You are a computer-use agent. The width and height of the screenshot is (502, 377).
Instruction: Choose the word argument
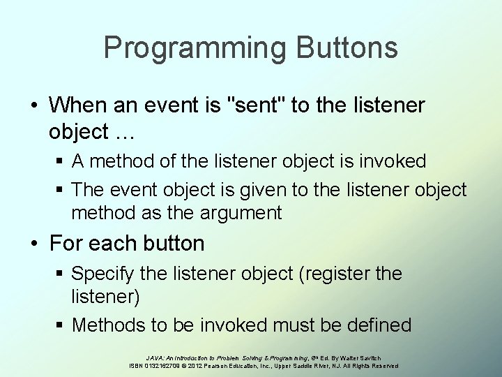(236, 213)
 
